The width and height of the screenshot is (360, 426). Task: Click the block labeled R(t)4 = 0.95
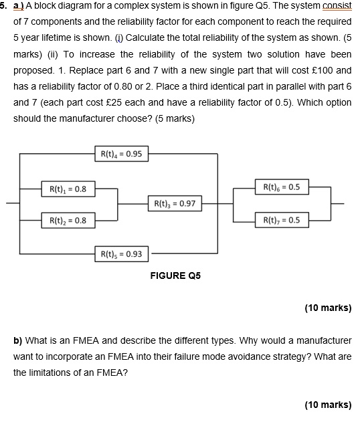click(x=121, y=154)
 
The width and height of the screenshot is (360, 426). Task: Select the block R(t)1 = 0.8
click(x=68, y=190)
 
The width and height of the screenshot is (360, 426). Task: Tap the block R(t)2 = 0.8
click(x=68, y=220)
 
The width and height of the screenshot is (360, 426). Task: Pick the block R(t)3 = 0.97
click(x=174, y=203)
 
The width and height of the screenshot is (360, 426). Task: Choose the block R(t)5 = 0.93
click(x=121, y=254)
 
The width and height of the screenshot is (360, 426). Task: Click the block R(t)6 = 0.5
click(x=282, y=187)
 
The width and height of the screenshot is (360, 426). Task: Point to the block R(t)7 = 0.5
click(x=282, y=219)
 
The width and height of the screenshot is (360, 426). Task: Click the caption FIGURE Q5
click(x=175, y=276)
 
